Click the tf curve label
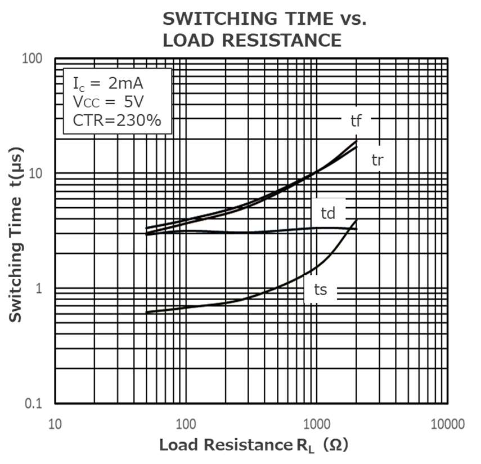356,120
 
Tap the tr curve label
377,159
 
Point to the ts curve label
321,290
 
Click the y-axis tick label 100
34,58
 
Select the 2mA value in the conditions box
126,84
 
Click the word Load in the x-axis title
178,445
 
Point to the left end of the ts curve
147,312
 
